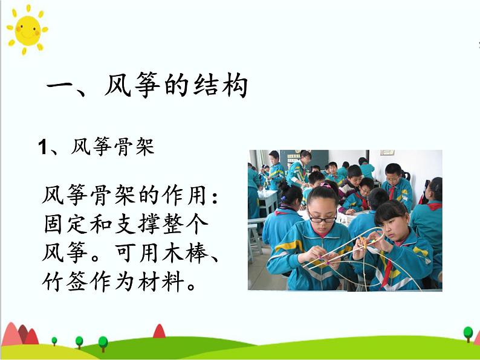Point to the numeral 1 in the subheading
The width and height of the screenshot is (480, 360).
(42, 147)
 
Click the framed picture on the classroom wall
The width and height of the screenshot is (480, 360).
(387, 153)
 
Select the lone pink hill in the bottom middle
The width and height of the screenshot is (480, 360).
(159, 331)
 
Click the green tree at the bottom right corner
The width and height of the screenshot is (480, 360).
(468, 333)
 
